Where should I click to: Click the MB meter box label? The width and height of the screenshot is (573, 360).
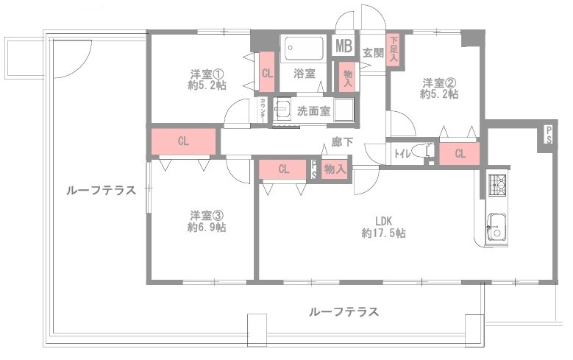point(344,46)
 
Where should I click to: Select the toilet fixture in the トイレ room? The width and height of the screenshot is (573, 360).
point(424,152)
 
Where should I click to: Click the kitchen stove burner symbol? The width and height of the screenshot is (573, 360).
point(497,185)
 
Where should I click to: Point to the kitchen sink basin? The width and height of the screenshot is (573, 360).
point(497,227)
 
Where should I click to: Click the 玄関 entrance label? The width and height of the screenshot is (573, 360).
point(373,53)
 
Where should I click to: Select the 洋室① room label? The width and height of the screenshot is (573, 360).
point(207,74)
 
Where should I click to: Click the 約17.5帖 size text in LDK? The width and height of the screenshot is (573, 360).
point(383,233)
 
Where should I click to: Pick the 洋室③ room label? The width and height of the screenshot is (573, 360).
point(207,215)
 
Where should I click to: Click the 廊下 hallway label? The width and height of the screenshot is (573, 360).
point(342,142)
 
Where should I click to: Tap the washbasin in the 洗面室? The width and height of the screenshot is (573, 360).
point(282,108)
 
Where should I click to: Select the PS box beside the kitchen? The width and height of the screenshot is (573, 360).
point(549,135)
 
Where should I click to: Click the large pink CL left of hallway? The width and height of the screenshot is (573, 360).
point(183,141)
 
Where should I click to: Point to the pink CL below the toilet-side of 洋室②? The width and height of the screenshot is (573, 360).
point(459,153)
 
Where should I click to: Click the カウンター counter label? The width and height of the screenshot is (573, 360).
point(263,110)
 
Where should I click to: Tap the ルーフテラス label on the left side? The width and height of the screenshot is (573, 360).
point(101,191)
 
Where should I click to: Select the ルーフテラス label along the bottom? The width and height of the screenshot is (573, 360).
point(344,312)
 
